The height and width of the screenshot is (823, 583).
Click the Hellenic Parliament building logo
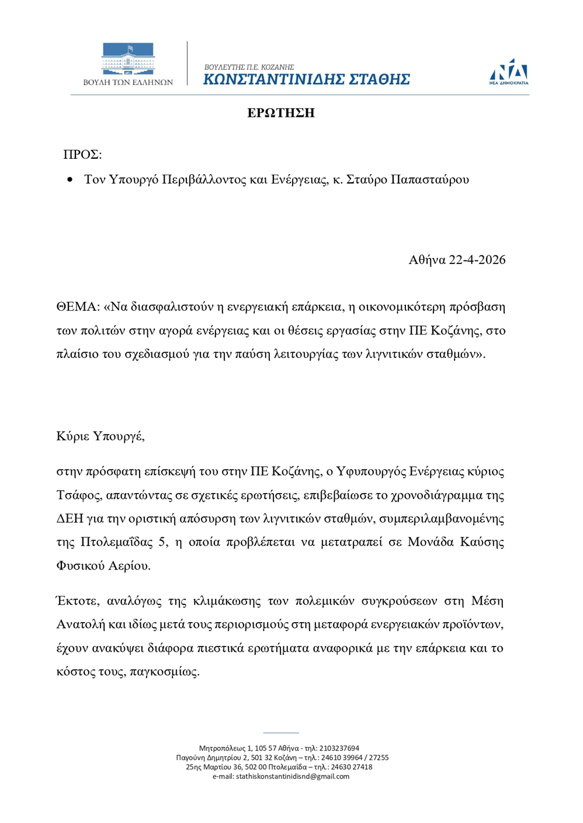pyautogui.click(x=128, y=59)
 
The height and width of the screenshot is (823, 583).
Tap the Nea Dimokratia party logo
pyautogui.click(x=509, y=71)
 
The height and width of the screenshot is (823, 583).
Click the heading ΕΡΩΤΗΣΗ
pyautogui.click(x=281, y=113)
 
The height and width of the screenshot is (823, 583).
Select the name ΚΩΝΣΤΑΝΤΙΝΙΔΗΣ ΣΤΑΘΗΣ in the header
pyautogui.click(x=307, y=79)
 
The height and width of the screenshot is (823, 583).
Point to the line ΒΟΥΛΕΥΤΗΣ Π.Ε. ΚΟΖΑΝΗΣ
pyautogui.click(x=249, y=67)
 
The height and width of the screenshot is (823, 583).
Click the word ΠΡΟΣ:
pyautogui.click(x=82, y=154)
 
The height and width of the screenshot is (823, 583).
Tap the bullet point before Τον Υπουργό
pyautogui.click(x=71, y=180)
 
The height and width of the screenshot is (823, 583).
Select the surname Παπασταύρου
pyautogui.click(x=429, y=179)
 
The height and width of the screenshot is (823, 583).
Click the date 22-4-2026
pyautogui.click(x=477, y=260)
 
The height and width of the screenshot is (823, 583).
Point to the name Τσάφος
pyautogui.click(x=79, y=495)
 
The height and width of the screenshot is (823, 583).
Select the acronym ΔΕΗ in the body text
pyautogui.click(x=70, y=519)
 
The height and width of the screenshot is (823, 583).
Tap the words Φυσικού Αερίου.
pyautogui.click(x=103, y=565)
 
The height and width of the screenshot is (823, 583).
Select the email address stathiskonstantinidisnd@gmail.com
pyautogui.click(x=292, y=776)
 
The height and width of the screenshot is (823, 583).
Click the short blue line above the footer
pyautogui.click(x=281, y=732)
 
